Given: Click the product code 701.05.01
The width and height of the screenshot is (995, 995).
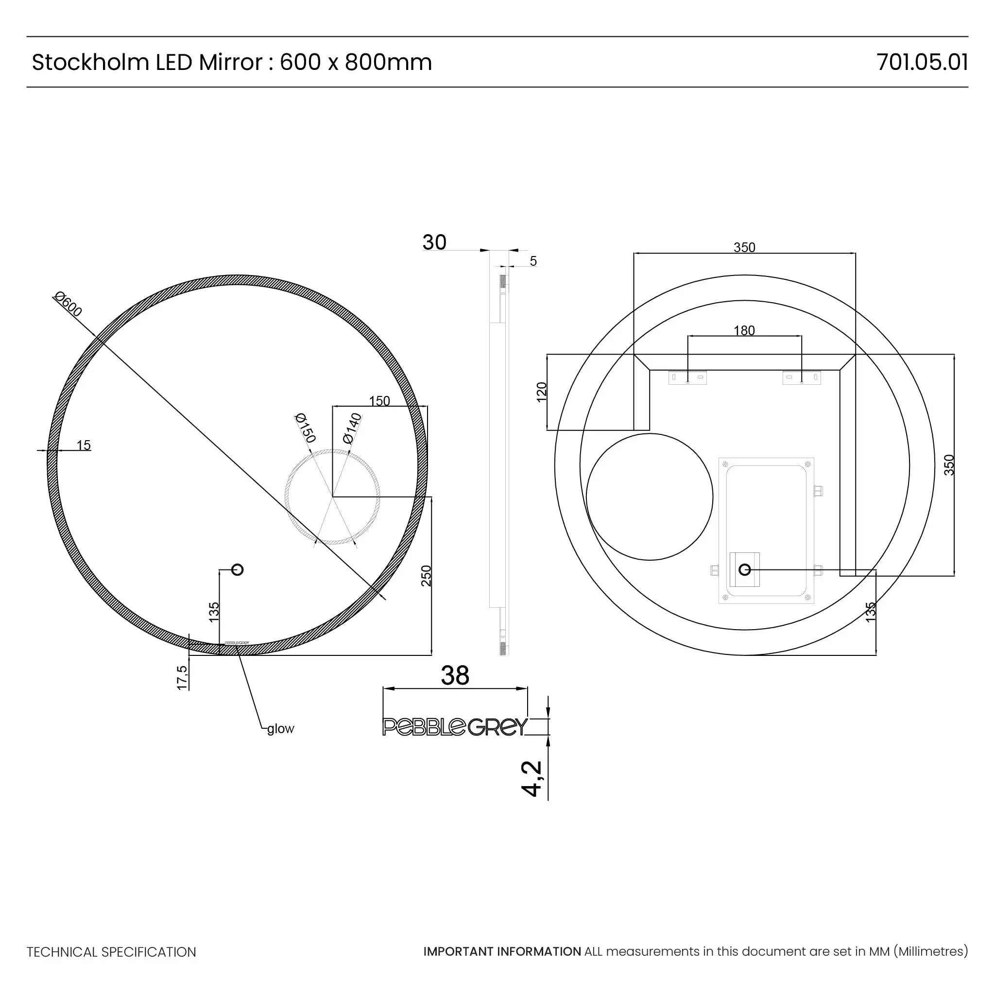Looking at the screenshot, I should point(921,62).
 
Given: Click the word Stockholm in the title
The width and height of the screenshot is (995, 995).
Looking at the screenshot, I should point(91,62).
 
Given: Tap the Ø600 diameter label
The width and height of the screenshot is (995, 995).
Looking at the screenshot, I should point(69,304).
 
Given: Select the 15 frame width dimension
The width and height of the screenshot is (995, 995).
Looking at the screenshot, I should point(84,445).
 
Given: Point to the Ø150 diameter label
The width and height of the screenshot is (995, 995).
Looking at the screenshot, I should point(305,428).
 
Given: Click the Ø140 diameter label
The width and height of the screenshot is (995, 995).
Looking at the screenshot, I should point(353,428).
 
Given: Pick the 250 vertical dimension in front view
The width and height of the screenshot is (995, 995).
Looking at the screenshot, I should point(427,576).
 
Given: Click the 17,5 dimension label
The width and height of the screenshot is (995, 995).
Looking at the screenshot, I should point(182,678).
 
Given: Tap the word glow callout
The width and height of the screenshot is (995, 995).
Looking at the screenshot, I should point(281,729).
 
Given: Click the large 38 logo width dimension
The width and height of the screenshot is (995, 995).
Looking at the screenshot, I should point(455,676).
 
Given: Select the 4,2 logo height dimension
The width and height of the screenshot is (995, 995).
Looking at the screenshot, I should point(532,778).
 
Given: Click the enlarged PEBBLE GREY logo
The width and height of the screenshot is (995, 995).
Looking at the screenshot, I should point(455,727).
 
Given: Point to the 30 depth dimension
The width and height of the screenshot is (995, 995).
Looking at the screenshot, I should point(434,242).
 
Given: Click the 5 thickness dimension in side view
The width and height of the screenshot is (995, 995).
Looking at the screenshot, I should point(533,261).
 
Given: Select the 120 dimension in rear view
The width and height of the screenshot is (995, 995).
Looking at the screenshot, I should point(541,392).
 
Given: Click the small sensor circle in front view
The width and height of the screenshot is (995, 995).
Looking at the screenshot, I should point(238,569).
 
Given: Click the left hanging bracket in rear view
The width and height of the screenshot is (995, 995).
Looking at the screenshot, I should point(687,377).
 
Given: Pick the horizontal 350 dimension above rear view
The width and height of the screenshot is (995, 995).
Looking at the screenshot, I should point(744,247).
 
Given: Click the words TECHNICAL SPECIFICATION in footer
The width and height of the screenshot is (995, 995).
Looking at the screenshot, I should point(111,952).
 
